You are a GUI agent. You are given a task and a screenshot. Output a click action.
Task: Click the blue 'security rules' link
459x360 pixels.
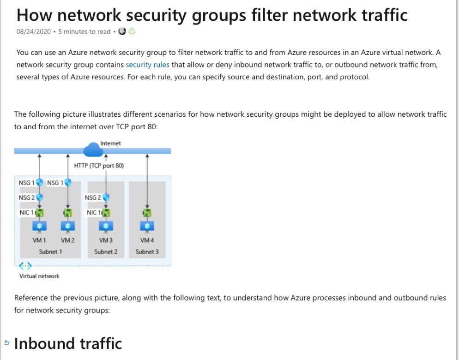pyautogui.click(x=147, y=65)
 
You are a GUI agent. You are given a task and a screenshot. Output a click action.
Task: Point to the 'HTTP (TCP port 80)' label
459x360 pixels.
pyautogui.click(x=99, y=165)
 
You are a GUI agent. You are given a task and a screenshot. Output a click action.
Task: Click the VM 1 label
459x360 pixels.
pyautogui.click(x=39, y=240)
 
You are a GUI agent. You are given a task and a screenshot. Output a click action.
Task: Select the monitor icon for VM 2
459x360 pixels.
pyautogui.click(x=68, y=227)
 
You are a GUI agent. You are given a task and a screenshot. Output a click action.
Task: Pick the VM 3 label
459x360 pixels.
pyautogui.click(x=106, y=240)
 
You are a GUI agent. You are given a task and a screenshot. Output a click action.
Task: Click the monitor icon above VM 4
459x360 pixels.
pyautogui.click(x=147, y=227)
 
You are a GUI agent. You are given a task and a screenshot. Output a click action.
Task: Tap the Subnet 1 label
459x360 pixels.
pyautogui.click(x=50, y=252)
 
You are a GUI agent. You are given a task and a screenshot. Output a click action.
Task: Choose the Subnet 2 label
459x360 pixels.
pyautogui.click(x=106, y=252)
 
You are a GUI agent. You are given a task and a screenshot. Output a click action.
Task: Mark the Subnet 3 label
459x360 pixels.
pyautogui.click(x=147, y=252)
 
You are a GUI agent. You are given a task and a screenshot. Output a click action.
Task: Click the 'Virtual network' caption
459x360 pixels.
pyautogui.click(x=39, y=276)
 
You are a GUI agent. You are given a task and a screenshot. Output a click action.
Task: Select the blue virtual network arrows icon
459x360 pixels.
pyautogui.click(x=25, y=266)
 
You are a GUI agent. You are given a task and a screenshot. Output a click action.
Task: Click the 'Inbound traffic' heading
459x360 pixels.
pyautogui.click(x=68, y=343)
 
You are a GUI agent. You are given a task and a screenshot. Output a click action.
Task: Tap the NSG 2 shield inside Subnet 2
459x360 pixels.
pyautogui.click(x=106, y=198)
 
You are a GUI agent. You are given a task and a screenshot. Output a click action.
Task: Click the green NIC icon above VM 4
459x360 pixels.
pyautogui.click(x=147, y=213)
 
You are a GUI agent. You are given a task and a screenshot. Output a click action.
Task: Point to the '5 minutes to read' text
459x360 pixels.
pyautogui.click(x=85, y=32)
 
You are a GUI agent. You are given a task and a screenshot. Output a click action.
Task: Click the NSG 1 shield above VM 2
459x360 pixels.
pyautogui.click(x=68, y=183)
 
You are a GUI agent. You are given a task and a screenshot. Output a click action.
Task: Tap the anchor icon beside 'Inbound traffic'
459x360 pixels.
pyautogui.click(x=6, y=342)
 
